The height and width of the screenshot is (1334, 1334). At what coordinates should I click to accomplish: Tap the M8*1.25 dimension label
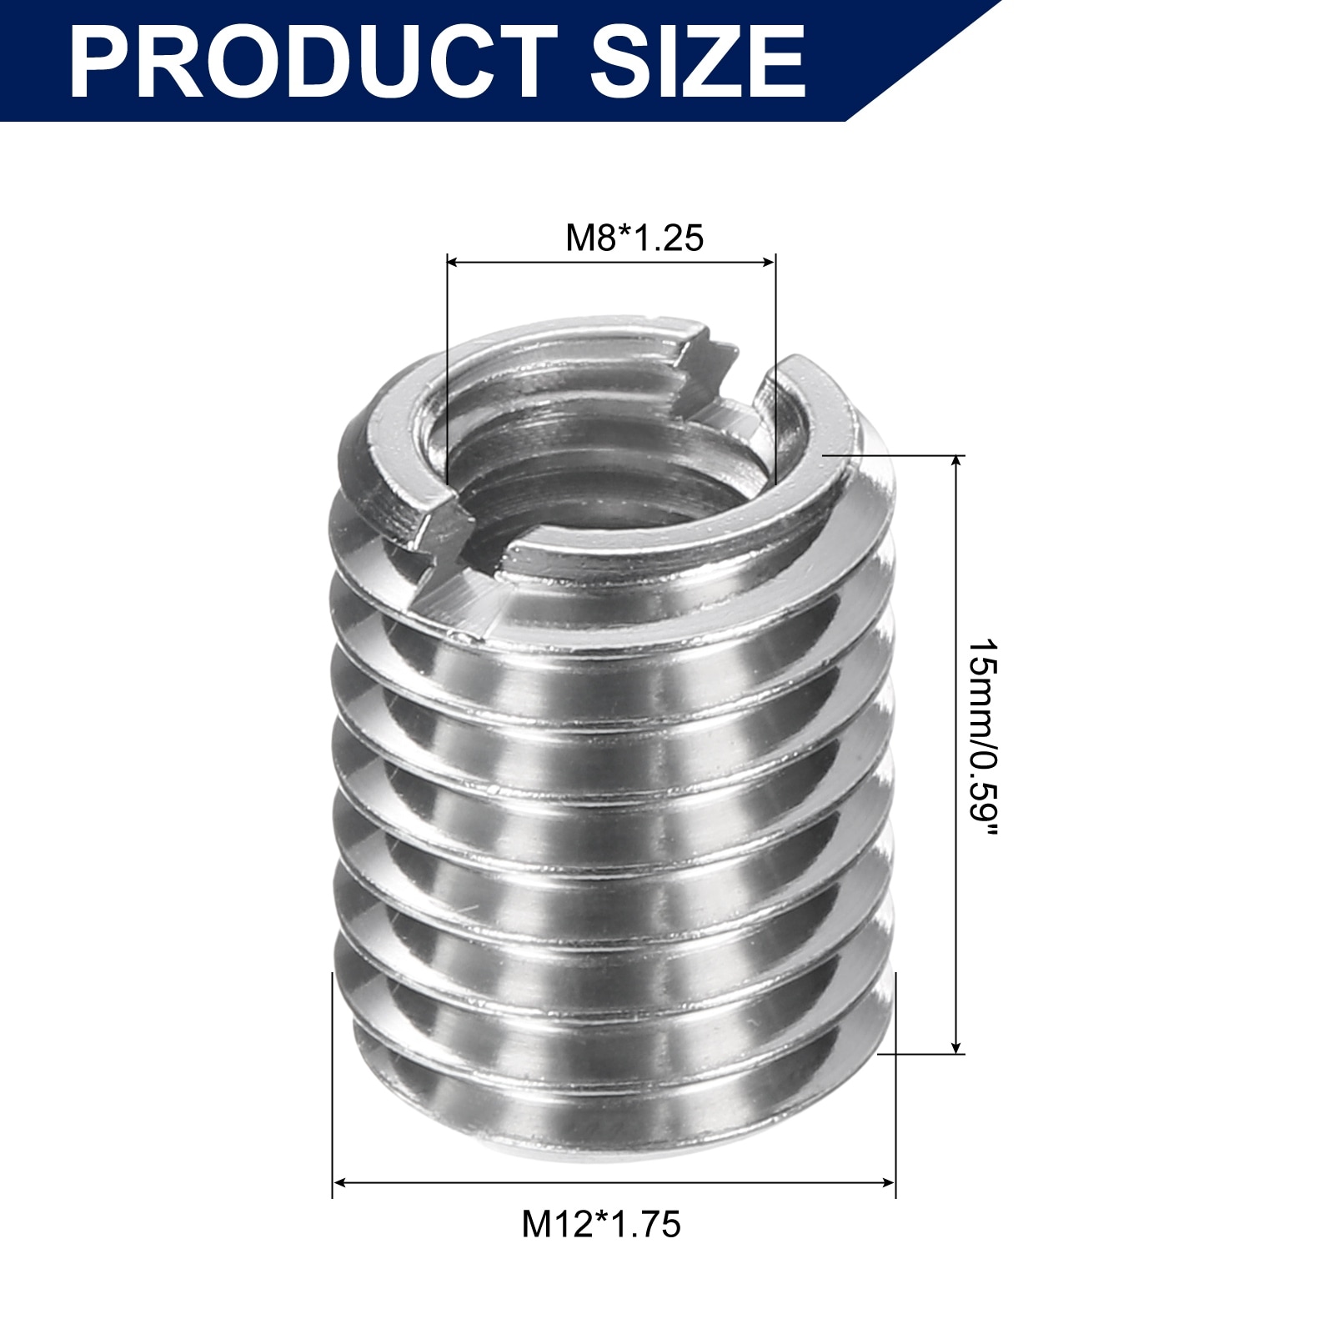click(x=634, y=238)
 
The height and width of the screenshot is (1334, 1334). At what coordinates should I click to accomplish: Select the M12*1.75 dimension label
click(x=601, y=1225)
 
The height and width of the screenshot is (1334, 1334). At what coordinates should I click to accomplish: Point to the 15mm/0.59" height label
click(x=983, y=740)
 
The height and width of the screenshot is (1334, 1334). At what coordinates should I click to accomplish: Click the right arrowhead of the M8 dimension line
click(x=769, y=262)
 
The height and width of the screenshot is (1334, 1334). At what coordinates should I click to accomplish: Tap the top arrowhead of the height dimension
click(x=957, y=463)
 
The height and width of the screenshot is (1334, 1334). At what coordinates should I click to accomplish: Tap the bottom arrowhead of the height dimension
click(x=957, y=1046)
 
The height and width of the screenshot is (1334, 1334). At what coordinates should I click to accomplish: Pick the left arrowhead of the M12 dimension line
click(x=339, y=1182)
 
